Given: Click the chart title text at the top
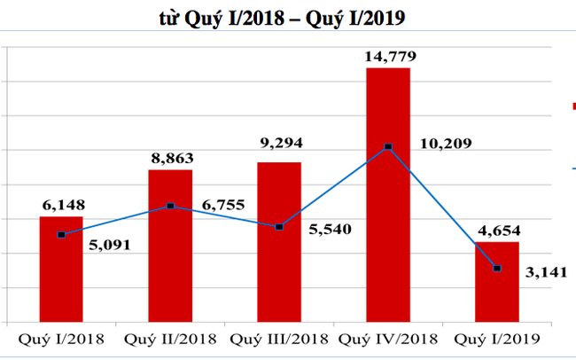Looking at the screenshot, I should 287,18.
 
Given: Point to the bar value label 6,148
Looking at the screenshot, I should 61,205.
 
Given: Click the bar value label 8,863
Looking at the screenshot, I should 170,158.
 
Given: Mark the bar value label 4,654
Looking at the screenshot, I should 496,231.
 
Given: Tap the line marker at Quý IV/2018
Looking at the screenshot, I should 388,146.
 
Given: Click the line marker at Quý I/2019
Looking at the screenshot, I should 496,268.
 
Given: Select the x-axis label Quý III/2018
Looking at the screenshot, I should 278,339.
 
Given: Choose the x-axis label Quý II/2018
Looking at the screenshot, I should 168,339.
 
